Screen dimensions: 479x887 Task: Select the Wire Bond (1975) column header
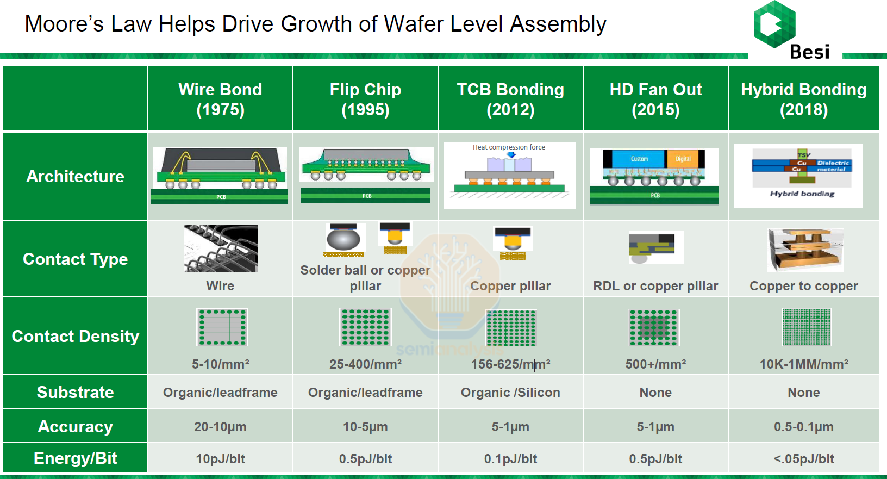[220, 99]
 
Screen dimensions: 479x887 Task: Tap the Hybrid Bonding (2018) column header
[803, 99]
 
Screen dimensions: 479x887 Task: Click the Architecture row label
[75, 177]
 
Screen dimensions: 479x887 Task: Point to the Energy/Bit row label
[75, 458]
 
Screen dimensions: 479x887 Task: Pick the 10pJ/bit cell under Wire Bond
[220, 459]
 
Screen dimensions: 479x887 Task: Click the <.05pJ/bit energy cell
[803, 459]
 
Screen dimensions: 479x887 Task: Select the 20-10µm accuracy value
[220, 427]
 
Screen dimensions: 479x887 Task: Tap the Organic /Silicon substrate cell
[510, 393]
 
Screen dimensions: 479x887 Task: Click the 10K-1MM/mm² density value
[803, 364]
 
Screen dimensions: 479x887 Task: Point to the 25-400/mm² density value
[365, 364]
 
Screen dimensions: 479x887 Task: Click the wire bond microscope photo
[221, 248]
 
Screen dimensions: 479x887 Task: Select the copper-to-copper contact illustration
[805, 250]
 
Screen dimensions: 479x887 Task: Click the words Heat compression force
[509, 147]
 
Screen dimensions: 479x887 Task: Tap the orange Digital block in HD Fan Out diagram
[683, 159]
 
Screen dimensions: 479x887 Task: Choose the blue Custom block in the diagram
[639, 159]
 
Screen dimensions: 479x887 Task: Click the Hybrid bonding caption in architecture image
[802, 194]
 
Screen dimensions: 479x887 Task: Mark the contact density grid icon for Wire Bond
[222, 327]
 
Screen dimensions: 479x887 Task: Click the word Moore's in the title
[64, 24]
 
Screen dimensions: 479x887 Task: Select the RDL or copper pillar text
[655, 286]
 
